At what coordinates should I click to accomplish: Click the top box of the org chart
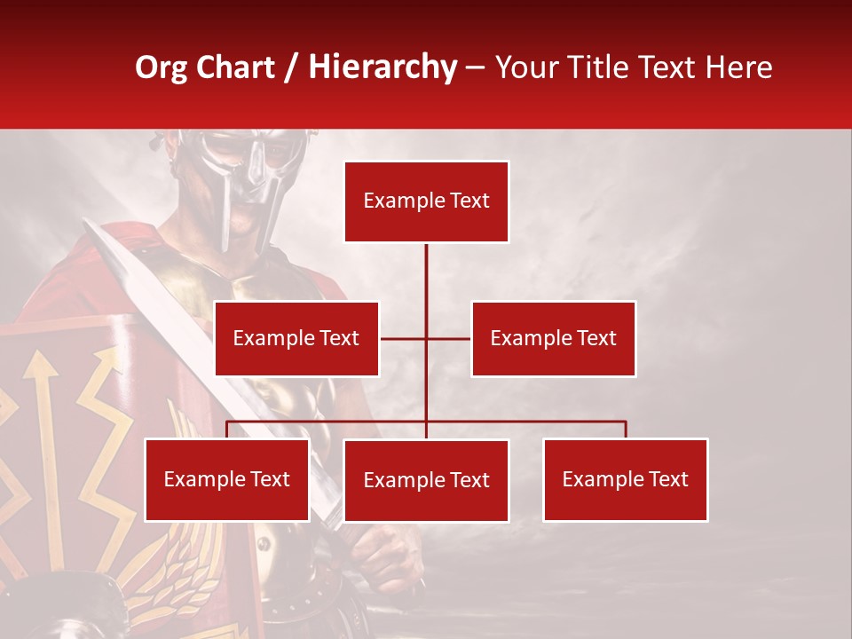pos(426,201)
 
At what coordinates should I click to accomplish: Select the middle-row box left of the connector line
pos(296,338)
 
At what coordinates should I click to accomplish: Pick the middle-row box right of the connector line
pos(553,338)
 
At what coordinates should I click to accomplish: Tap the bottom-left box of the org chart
pos(227,480)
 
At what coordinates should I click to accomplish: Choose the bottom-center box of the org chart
pos(426,481)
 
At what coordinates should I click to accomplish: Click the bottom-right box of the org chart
pos(625,480)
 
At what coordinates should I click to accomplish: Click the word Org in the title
pos(160,67)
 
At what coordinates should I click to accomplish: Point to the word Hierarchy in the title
pos(383,67)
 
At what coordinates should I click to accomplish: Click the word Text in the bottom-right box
pos(667,480)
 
